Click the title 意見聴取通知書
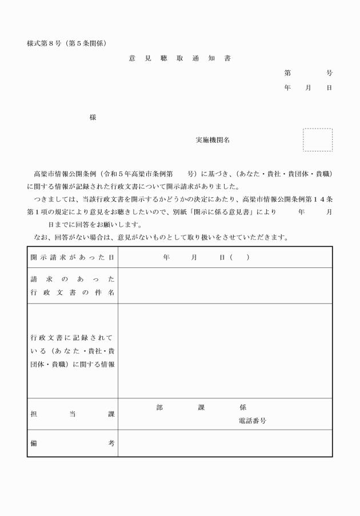[x=180, y=58]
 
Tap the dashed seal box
[x=317, y=140]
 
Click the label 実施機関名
[x=213, y=140]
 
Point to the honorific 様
[x=93, y=118]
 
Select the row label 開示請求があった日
[x=73, y=258]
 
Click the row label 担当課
[x=73, y=414]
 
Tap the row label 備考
[x=73, y=443]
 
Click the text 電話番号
[x=252, y=421]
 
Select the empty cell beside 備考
[x=225, y=443]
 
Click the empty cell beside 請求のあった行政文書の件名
[x=225, y=286]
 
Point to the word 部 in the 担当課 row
[x=159, y=408]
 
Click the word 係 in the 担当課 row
[x=243, y=408]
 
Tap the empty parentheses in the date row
[x=239, y=258]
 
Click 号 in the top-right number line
[x=329, y=73]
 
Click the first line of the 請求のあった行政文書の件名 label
[x=73, y=279]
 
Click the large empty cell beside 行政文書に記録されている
[x=225, y=351]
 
